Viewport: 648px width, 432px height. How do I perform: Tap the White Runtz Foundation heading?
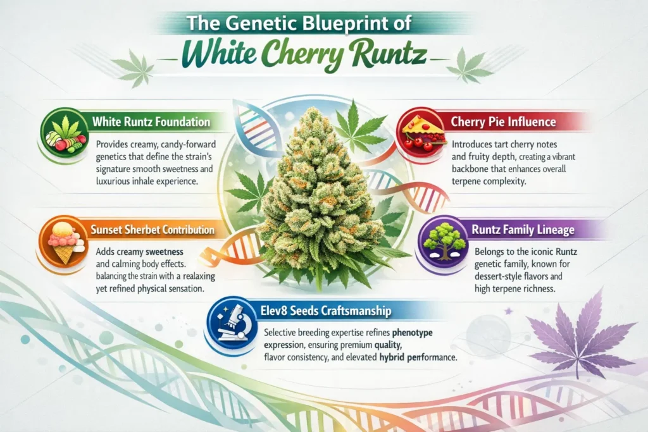click(x=151, y=122)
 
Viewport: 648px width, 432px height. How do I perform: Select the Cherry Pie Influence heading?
click(x=503, y=122)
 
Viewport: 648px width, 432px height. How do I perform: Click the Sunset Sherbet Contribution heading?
click(x=153, y=230)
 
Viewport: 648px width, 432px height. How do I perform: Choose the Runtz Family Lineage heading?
click(x=523, y=230)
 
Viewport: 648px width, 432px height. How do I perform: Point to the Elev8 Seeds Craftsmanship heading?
click(x=326, y=311)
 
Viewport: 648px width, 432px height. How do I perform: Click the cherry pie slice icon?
click(x=422, y=132)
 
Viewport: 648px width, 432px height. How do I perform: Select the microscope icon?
click(x=232, y=323)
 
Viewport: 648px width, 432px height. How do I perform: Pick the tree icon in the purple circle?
click(x=444, y=241)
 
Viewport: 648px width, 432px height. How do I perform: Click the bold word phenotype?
click(x=412, y=333)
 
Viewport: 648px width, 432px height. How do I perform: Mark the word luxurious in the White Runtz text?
click(x=112, y=182)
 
